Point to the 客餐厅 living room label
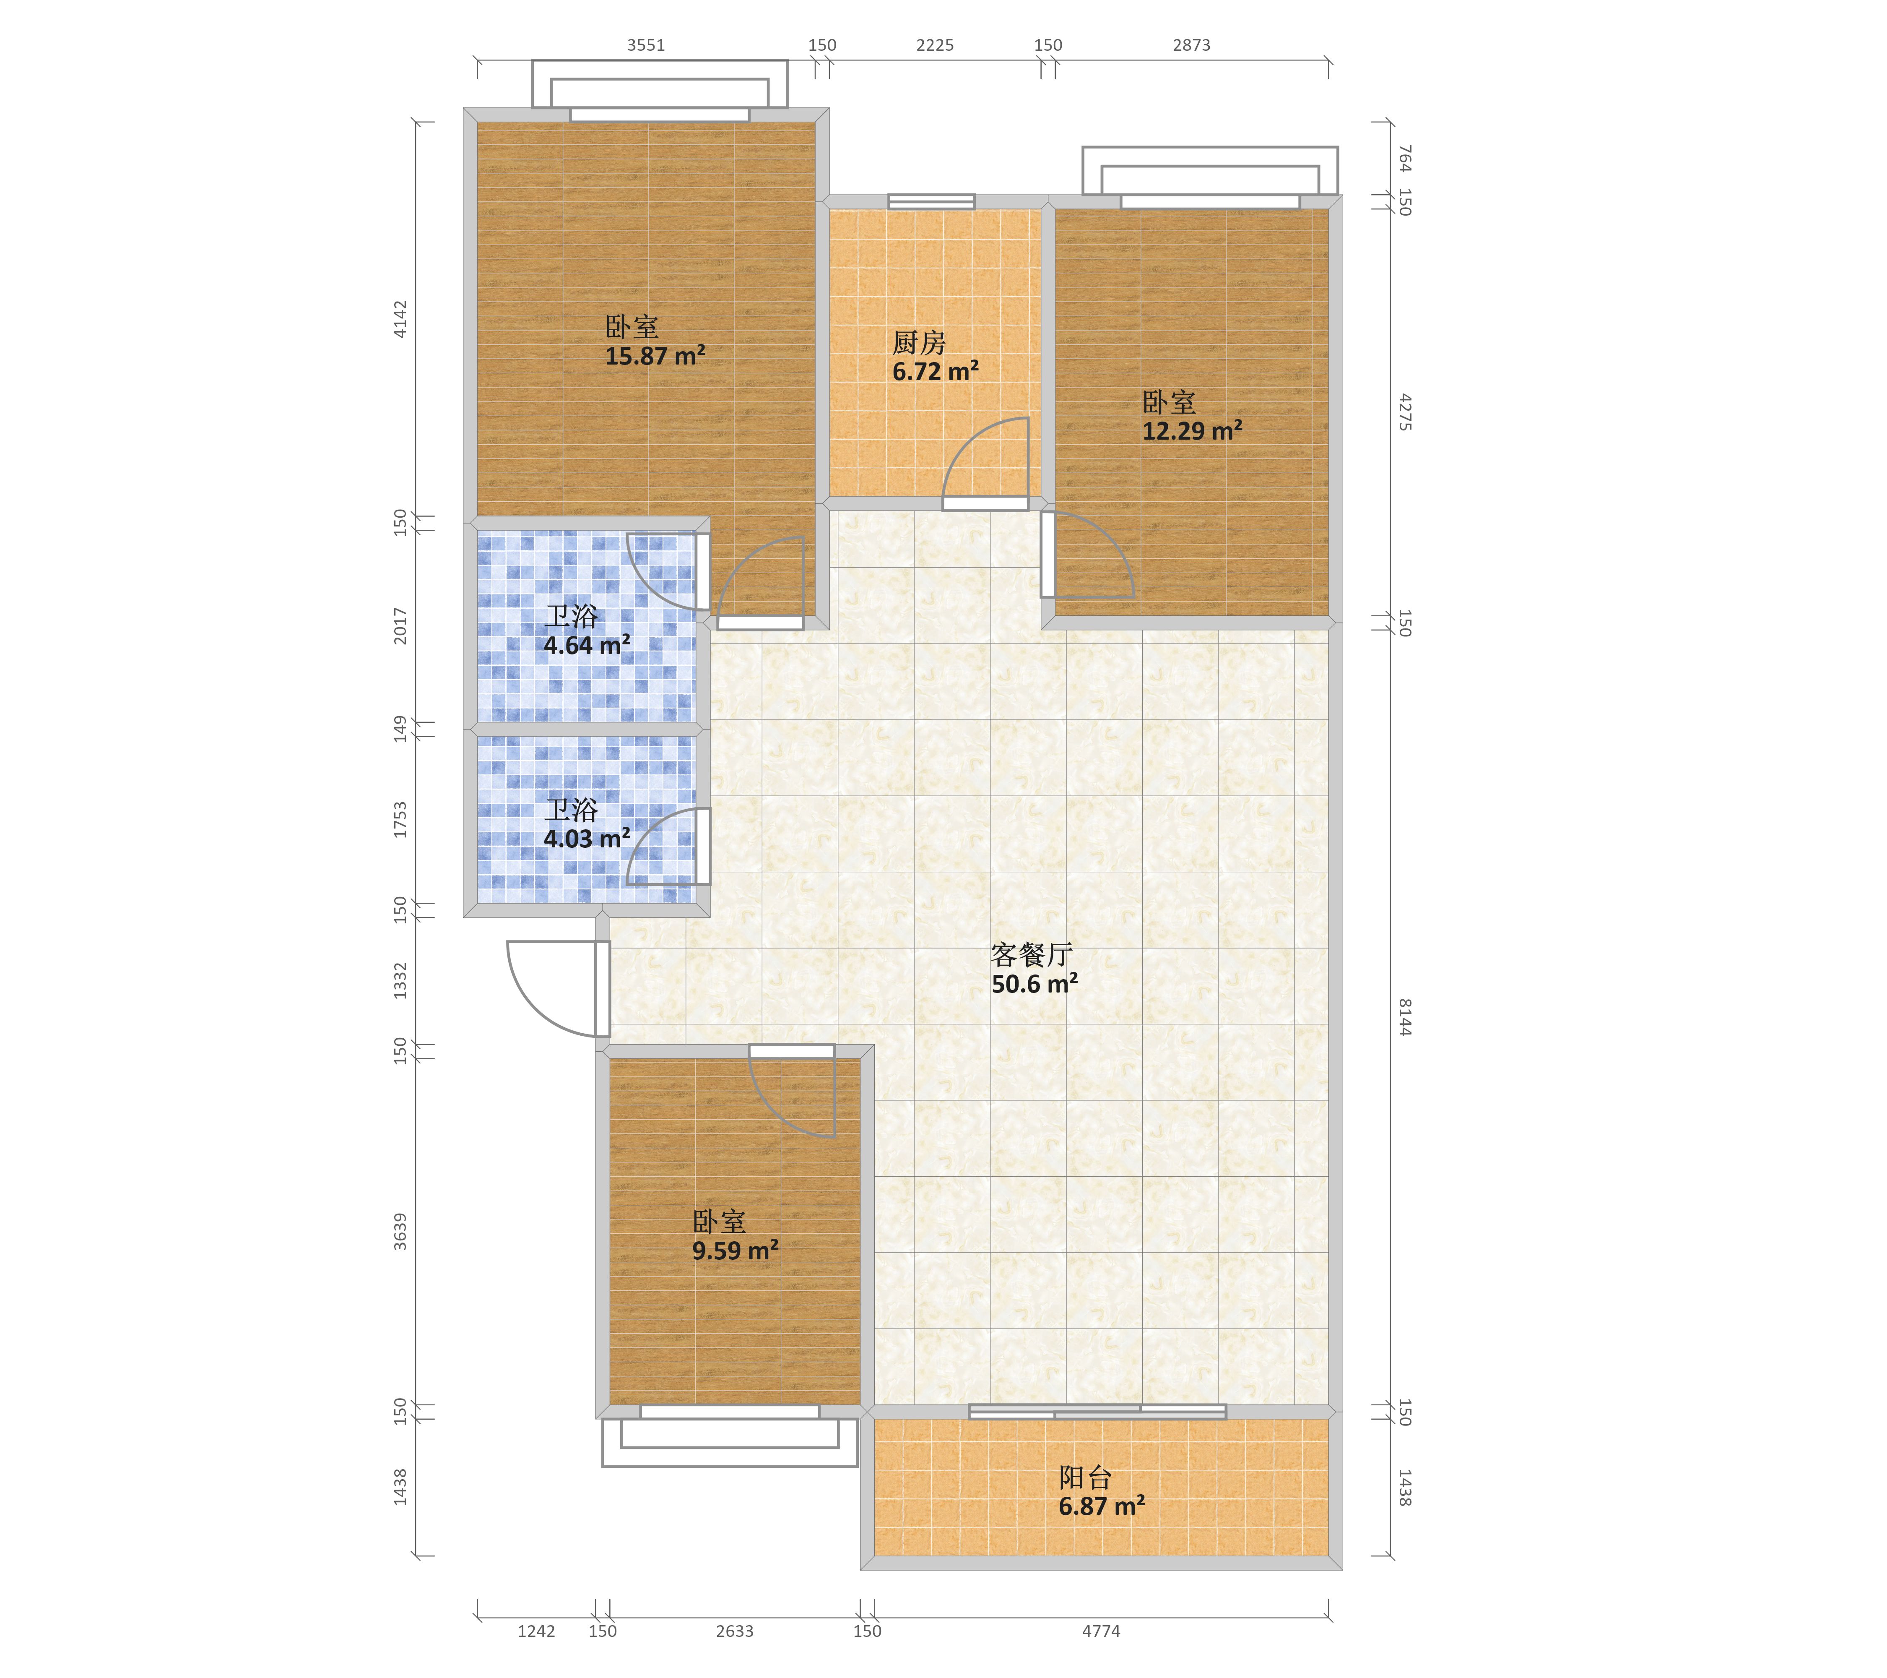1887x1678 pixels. click(x=1031, y=955)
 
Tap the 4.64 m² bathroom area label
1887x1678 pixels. click(x=587, y=646)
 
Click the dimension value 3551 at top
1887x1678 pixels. click(x=646, y=45)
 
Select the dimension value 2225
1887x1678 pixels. click(x=935, y=45)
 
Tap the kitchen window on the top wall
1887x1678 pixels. click(x=931, y=201)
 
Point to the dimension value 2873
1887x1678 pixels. click(x=1192, y=45)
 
